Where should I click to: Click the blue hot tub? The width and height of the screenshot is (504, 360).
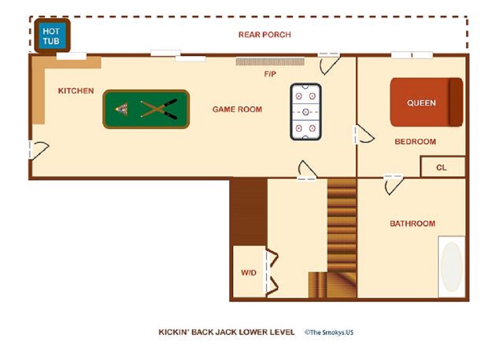coord(52,36)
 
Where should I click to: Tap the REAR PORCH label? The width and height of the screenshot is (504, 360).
coord(264,35)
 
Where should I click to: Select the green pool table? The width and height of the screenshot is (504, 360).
coord(146,109)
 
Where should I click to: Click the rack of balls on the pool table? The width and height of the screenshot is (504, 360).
coord(122,109)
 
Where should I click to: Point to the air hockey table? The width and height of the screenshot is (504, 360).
coord(306,112)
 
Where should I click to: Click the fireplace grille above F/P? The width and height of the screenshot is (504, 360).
coord(270,62)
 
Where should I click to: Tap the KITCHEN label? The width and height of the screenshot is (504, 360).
coord(76,91)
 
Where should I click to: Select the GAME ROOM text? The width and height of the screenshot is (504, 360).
coord(237,109)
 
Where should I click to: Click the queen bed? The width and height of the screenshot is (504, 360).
coord(427,102)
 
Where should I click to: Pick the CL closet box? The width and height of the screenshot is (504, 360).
coord(442,166)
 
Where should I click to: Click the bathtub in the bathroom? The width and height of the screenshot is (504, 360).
coord(452,267)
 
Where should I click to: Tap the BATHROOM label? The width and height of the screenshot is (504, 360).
coord(413,224)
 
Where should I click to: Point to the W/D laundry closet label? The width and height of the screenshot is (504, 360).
coord(249,273)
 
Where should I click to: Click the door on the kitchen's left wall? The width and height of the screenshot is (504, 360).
coord(38,150)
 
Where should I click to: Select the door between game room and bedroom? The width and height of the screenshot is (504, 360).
coord(364,134)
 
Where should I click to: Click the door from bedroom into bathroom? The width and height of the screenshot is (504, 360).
coord(393,185)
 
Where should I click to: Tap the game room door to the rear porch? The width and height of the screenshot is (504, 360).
coord(329,64)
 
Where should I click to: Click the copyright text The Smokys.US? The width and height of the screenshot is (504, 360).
coord(329,332)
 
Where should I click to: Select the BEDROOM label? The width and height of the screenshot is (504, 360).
coord(415,141)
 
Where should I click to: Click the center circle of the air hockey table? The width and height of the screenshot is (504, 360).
coord(306,112)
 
